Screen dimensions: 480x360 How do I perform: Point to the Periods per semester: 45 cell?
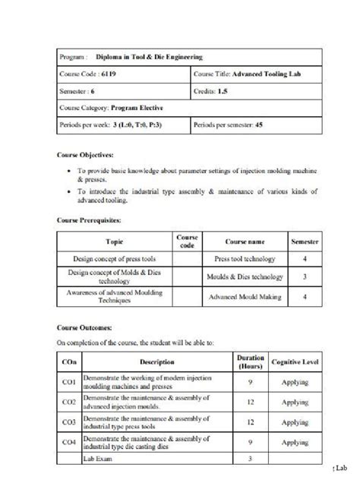tap(228, 123)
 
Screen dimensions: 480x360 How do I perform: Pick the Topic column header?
tap(115, 242)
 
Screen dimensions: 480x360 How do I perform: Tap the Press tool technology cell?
tap(245, 259)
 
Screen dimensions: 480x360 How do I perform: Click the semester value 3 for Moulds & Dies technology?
tap(304, 277)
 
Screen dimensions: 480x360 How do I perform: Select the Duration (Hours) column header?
tap(250, 362)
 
